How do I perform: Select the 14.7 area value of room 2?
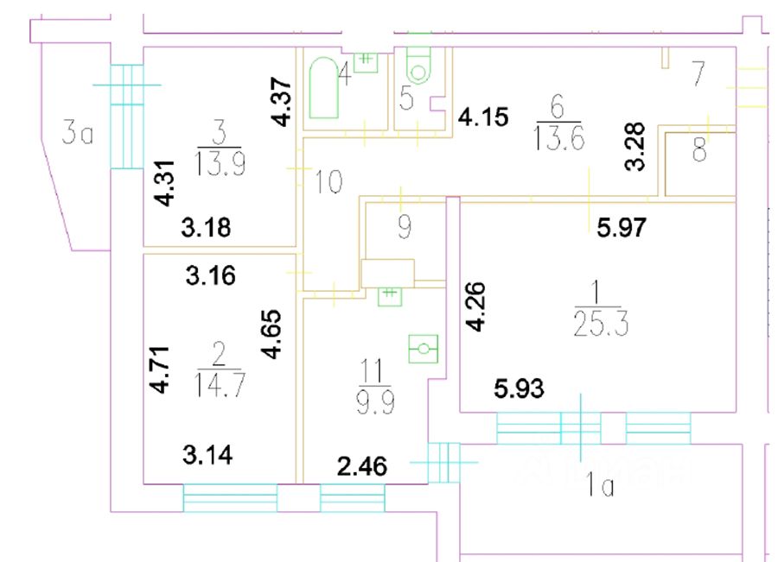pyautogui.click(x=218, y=382)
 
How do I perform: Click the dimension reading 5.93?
pyautogui.click(x=519, y=389)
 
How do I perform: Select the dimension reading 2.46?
pyautogui.click(x=361, y=469)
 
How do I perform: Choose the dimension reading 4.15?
pyautogui.click(x=482, y=116)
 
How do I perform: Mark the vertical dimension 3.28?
pyautogui.click(x=637, y=148)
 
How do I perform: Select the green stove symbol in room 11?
pyautogui.click(x=424, y=350)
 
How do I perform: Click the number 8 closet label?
pyautogui.click(x=699, y=153)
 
